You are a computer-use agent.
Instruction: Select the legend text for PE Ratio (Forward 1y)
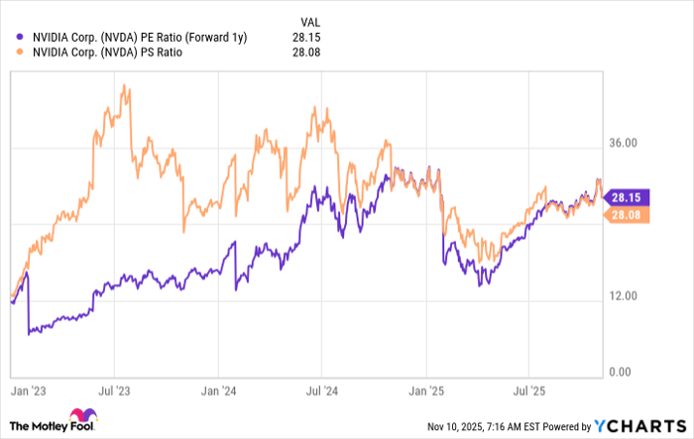point(139,37)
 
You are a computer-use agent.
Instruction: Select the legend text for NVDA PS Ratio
point(108,54)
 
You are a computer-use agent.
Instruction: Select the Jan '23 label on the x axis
point(30,390)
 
